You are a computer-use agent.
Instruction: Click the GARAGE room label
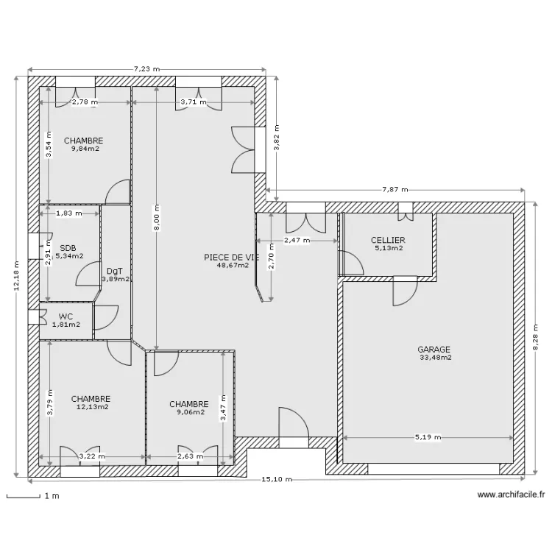pyautogui.click(x=434, y=350)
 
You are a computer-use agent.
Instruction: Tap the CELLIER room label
pyautogui.click(x=388, y=240)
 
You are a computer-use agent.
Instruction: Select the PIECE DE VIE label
pyautogui.click(x=232, y=257)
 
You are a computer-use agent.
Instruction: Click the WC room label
pyautogui.click(x=66, y=316)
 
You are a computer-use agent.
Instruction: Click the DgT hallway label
pyautogui.click(x=114, y=271)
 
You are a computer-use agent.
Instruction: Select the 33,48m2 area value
pyautogui.click(x=436, y=358)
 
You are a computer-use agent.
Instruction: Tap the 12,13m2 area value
pyautogui.click(x=92, y=406)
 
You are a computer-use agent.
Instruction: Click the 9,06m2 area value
pyautogui.click(x=188, y=412)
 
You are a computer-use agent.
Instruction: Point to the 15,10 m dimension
pyautogui.click(x=277, y=480)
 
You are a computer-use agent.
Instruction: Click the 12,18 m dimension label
pyautogui.click(x=17, y=278)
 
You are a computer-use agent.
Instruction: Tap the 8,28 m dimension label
pyautogui.click(x=537, y=339)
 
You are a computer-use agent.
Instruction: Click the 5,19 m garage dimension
pyautogui.click(x=427, y=437)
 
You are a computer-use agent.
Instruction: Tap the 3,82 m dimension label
pyautogui.click(x=277, y=136)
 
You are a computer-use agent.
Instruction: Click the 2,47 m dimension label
pyautogui.click(x=297, y=240)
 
